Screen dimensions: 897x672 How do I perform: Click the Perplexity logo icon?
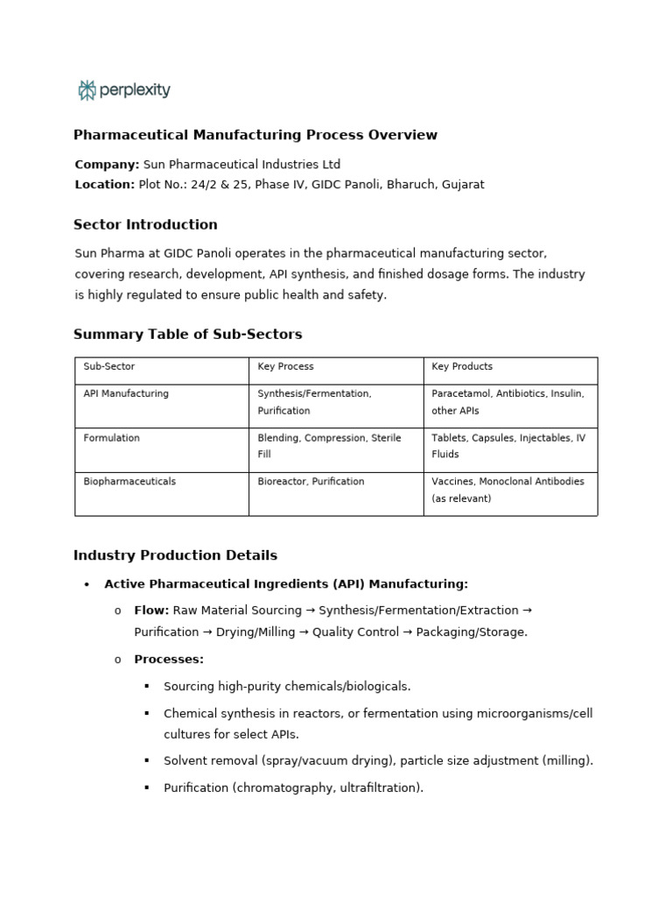[87, 89]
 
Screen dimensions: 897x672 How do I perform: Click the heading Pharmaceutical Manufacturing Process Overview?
[255, 135]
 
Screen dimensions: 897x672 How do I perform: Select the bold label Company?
[107, 165]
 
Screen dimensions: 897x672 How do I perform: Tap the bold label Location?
[104, 185]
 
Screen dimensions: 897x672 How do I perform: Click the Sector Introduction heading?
[145, 225]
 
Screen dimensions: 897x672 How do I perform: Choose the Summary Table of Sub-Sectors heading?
[187, 335]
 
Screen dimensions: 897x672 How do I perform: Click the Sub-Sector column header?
[109, 367]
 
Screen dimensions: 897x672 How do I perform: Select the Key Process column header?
[285, 367]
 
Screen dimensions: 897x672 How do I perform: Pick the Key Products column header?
[462, 367]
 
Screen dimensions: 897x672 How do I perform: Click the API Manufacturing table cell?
[126, 394]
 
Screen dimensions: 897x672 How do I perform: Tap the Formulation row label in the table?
[111, 438]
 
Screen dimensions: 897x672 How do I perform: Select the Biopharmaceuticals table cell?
[129, 482]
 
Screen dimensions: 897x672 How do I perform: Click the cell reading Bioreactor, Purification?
[311, 482]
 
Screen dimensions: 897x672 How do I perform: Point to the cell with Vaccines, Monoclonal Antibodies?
[507, 490]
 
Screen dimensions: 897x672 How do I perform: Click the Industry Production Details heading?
[175, 555]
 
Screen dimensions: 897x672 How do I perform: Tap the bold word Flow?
[151, 611]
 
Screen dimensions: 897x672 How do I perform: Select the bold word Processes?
[169, 660]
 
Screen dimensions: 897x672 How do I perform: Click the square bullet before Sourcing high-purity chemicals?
[146, 687]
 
